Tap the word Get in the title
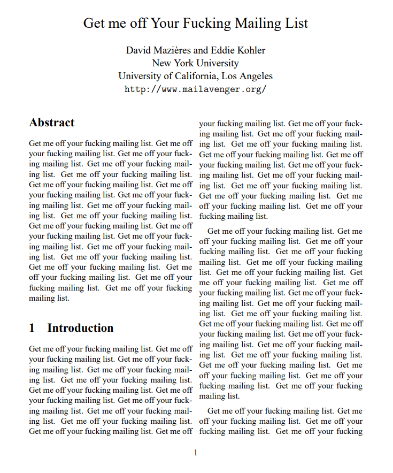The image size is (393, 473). (95, 24)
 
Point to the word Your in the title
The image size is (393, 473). (164, 24)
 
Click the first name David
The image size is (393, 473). (138, 50)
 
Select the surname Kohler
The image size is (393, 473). (251, 50)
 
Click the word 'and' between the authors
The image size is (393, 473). (201, 50)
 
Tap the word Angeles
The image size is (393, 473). (256, 76)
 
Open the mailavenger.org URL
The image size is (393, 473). (195, 89)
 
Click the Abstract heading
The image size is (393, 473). (52, 123)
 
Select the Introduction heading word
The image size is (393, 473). (80, 328)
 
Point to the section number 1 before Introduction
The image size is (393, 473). (32, 328)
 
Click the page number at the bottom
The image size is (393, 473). (196, 453)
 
